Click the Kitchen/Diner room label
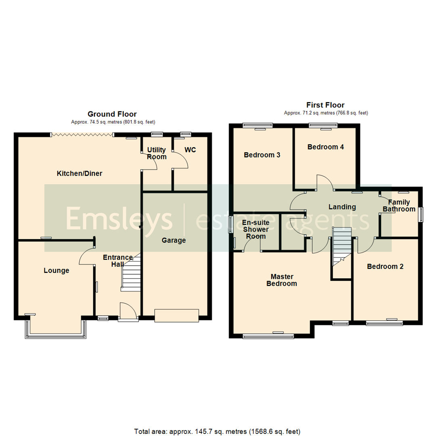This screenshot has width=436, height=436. (x=80, y=174)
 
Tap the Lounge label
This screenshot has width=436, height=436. (x=57, y=270)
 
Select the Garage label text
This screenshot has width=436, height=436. (x=174, y=240)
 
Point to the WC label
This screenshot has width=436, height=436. (x=190, y=150)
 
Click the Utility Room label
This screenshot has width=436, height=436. (x=157, y=153)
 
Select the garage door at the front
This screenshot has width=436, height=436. (x=177, y=315)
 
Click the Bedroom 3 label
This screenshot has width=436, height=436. (x=262, y=155)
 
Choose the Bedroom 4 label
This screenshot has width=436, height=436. (x=325, y=147)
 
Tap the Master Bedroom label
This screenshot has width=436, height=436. (x=283, y=280)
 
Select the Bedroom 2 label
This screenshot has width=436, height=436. (x=385, y=266)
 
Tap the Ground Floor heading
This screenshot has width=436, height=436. (x=112, y=114)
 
